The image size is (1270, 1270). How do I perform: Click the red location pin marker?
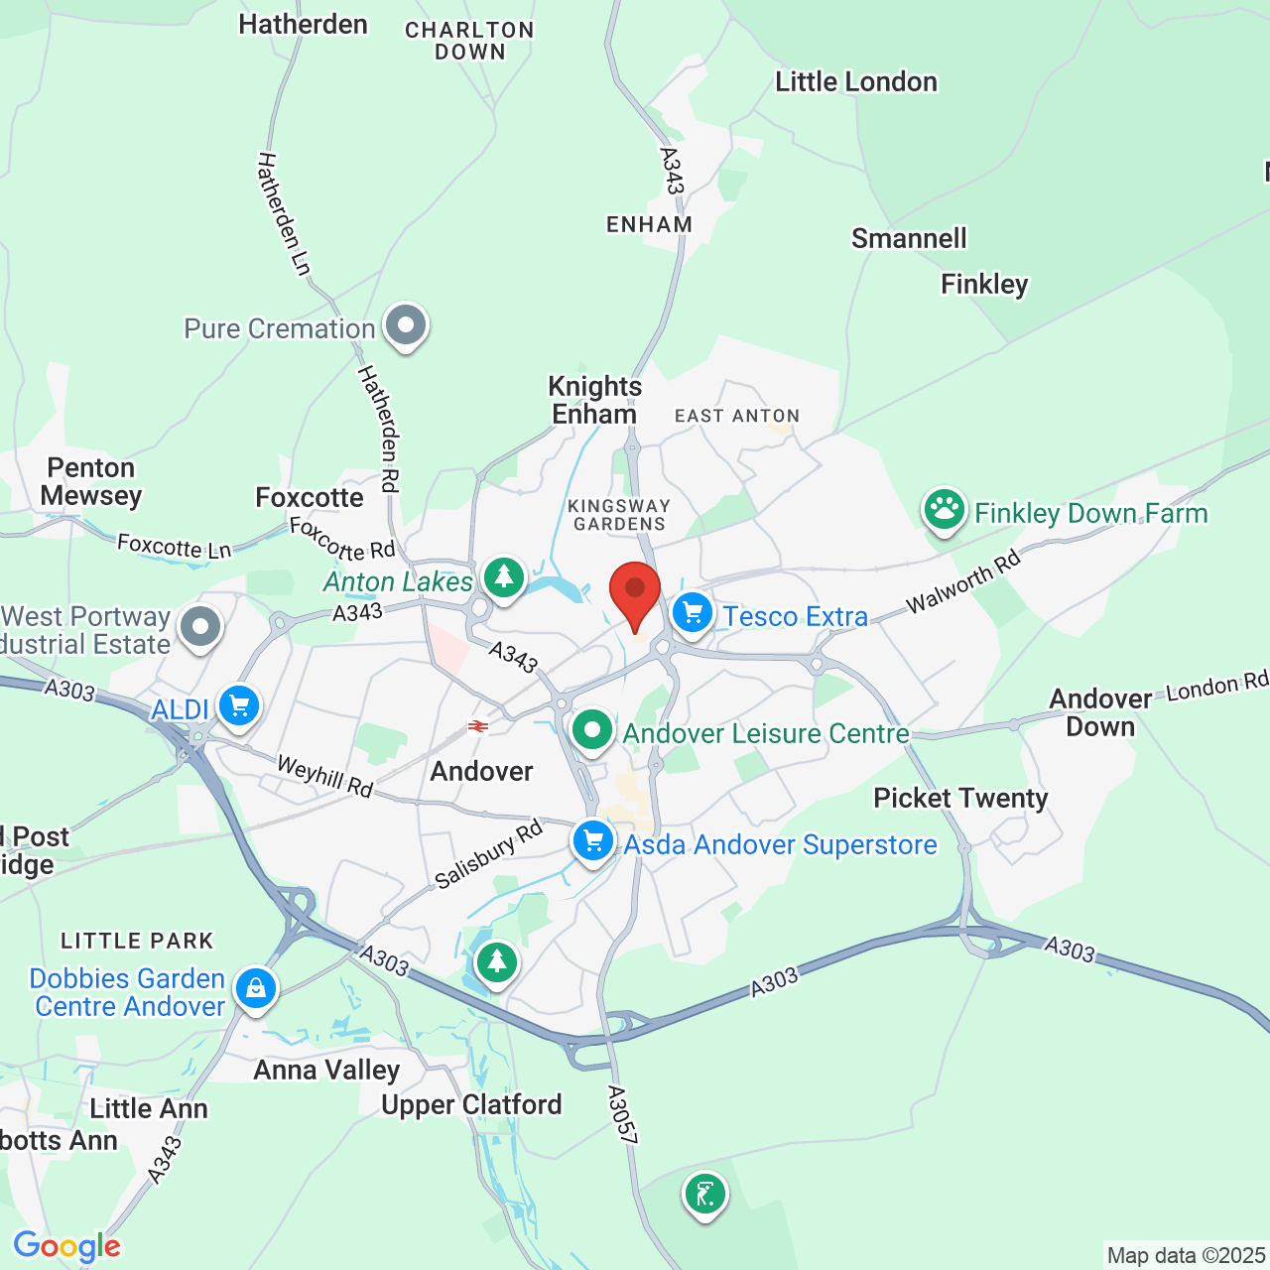(634, 591)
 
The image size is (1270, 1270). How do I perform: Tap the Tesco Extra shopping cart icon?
(693, 613)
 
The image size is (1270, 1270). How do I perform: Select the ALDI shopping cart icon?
(239, 706)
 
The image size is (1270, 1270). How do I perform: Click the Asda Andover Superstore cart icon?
(593, 842)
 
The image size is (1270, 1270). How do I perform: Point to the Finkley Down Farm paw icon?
(944, 510)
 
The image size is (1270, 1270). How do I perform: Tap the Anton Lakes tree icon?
(504, 576)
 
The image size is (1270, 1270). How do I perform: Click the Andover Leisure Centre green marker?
(592, 730)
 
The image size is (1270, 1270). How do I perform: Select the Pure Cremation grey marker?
(405, 324)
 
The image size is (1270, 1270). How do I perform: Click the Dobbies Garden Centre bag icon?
(256, 988)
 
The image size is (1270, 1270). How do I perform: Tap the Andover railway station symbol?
(478, 726)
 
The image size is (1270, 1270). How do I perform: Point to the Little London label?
(856, 82)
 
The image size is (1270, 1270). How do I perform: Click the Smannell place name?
(909, 238)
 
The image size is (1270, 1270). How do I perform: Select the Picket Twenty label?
(960, 799)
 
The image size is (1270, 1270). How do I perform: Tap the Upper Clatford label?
(471, 1104)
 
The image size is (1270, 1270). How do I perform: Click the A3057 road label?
(622, 1115)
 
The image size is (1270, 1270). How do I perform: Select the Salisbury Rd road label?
(489, 853)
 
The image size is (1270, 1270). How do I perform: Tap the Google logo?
(66, 1246)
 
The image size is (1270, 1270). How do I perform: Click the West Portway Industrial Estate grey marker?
(200, 627)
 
